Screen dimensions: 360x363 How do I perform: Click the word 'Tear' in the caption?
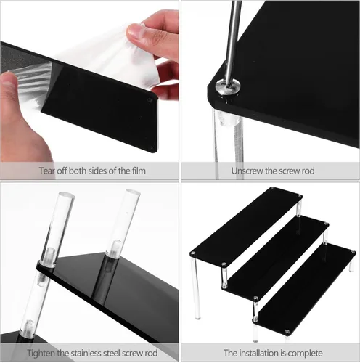tap(47, 171)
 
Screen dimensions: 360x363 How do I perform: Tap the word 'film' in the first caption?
tap(139, 171)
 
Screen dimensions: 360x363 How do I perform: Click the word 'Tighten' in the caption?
tap(41, 353)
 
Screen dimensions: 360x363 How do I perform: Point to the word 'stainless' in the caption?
tap(84, 353)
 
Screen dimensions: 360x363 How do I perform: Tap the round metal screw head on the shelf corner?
tap(228, 86)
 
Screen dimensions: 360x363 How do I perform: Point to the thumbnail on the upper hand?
tap(134, 30)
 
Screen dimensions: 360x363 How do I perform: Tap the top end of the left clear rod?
tap(66, 195)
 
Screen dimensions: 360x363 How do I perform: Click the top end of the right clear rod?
tap(133, 192)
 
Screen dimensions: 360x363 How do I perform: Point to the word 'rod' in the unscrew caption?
tap(308, 171)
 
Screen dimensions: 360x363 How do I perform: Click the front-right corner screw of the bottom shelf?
tap(287, 332)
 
